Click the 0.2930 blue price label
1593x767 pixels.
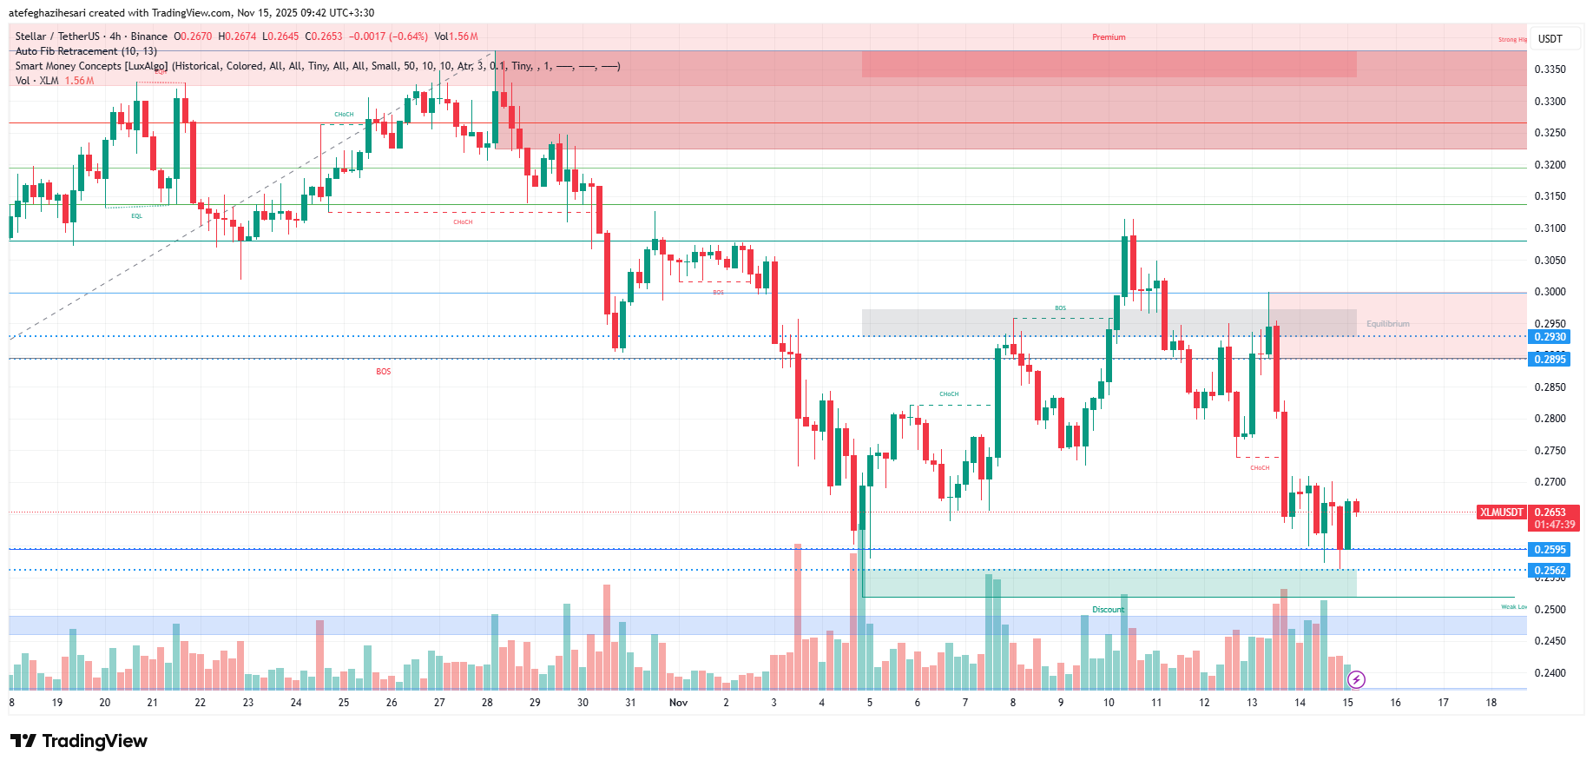pos(1549,337)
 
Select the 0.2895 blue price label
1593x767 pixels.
pos(1549,359)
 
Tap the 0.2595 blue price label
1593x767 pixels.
pos(1549,549)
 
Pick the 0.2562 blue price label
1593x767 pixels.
pos(1549,571)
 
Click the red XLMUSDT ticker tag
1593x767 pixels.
pos(1501,512)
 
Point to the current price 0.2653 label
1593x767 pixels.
pos(1550,512)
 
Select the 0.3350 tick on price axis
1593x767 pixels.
pos(1550,69)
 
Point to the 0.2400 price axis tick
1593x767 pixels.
pos(1550,673)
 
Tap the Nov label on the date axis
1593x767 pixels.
pos(678,703)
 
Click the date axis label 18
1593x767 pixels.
pos(1491,703)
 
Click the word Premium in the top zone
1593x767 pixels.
pos(1109,37)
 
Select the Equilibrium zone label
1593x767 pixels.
pos(1387,324)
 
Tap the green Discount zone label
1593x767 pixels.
pos(1108,610)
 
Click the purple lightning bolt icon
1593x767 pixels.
pos(1356,679)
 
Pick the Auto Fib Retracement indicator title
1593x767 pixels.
pos(86,51)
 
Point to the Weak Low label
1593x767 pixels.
pos(1513,607)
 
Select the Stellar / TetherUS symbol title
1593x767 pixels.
pos(57,36)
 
